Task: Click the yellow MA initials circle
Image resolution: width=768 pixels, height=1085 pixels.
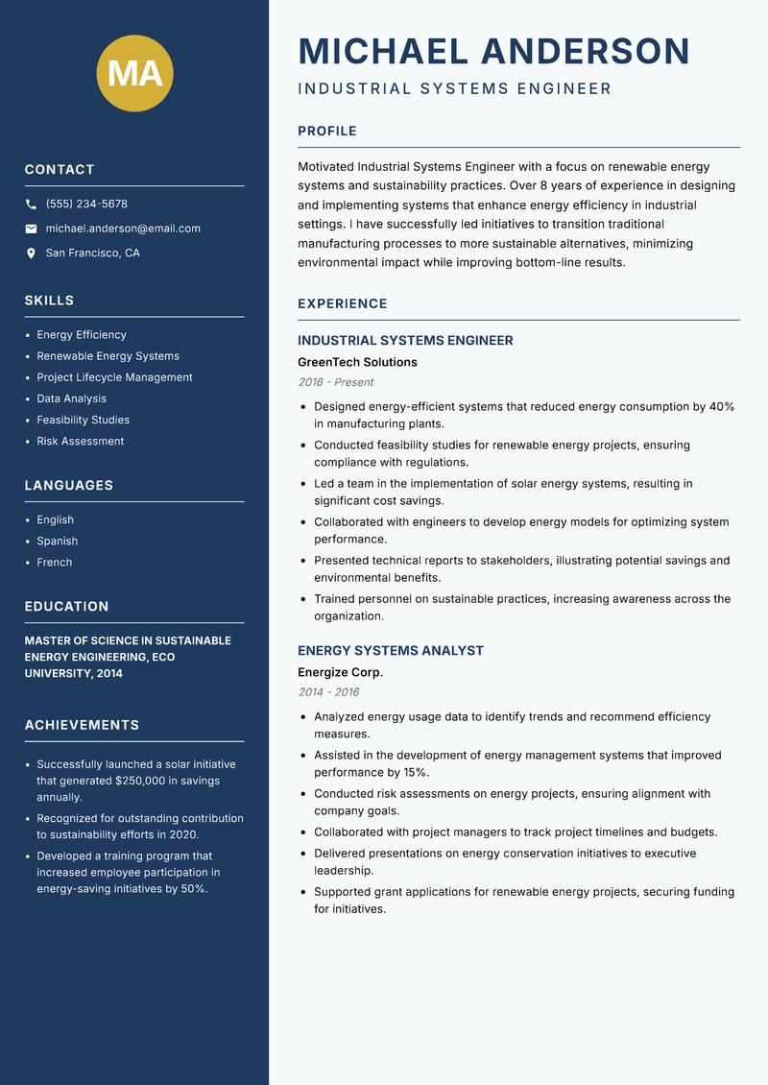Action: (x=134, y=73)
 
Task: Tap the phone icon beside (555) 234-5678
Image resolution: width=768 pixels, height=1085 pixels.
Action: (x=31, y=204)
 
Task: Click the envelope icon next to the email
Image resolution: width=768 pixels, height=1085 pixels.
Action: (x=31, y=229)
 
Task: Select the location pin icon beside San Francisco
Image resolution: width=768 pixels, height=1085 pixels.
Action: (x=31, y=253)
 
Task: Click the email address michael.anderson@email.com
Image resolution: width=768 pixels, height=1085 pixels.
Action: (x=123, y=229)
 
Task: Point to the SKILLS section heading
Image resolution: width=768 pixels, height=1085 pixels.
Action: (x=49, y=301)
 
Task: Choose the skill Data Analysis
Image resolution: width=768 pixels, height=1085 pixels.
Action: (x=71, y=398)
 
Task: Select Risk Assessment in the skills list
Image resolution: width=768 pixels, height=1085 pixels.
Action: (x=80, y=441)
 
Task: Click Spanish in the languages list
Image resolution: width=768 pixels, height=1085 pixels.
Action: (x=57, y=541)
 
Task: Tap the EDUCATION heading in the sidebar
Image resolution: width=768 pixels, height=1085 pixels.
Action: (x=66, y=607)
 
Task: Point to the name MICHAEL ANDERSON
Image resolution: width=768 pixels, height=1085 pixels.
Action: (x=493, y=51)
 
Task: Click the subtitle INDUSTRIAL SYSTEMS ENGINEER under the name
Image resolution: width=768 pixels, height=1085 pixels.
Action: (x=454, y=89)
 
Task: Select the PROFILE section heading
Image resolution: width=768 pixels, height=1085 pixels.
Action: (x=326, y=132)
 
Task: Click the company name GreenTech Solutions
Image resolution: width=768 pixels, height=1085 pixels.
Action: (x=357, y=362)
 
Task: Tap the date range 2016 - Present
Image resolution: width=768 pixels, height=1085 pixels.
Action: (x=335, y=382)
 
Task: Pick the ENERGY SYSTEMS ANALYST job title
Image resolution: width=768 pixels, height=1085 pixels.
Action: (x=391, y=650)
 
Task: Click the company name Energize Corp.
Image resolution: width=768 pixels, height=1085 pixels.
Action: (x=340, y=672)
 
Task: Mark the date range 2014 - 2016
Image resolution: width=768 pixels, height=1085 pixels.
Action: (x=328, y=692)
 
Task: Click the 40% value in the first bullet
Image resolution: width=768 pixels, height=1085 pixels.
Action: (x=721, y=406)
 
